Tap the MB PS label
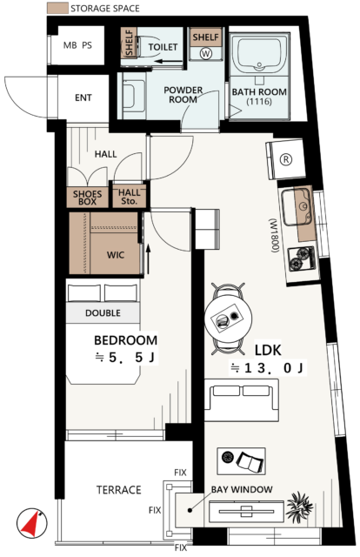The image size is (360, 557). (x=77, y=46)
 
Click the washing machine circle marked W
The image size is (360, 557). (x=206, y=52)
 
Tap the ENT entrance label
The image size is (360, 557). (x=83, y=98)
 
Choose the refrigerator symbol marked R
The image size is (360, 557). (x=288, y=159)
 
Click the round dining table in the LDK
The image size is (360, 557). (x=228, y=319)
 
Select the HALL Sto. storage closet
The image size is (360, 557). (x=130, y=198)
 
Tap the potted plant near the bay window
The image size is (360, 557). (x=301, y=504)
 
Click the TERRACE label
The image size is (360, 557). (x=118, y=491)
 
